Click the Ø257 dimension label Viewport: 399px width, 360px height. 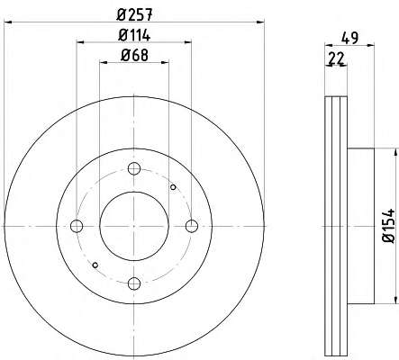134,14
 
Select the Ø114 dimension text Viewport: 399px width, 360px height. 134,35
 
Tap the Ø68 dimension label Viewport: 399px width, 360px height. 134,55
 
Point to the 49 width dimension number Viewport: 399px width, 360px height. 350,38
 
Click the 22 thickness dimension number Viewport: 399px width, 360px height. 336,58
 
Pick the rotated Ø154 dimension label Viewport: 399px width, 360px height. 388,226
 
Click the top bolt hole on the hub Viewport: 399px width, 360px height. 134,168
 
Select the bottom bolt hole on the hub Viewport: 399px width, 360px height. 134,283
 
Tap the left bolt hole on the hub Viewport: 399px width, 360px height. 77,226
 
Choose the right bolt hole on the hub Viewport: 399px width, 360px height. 192,226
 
